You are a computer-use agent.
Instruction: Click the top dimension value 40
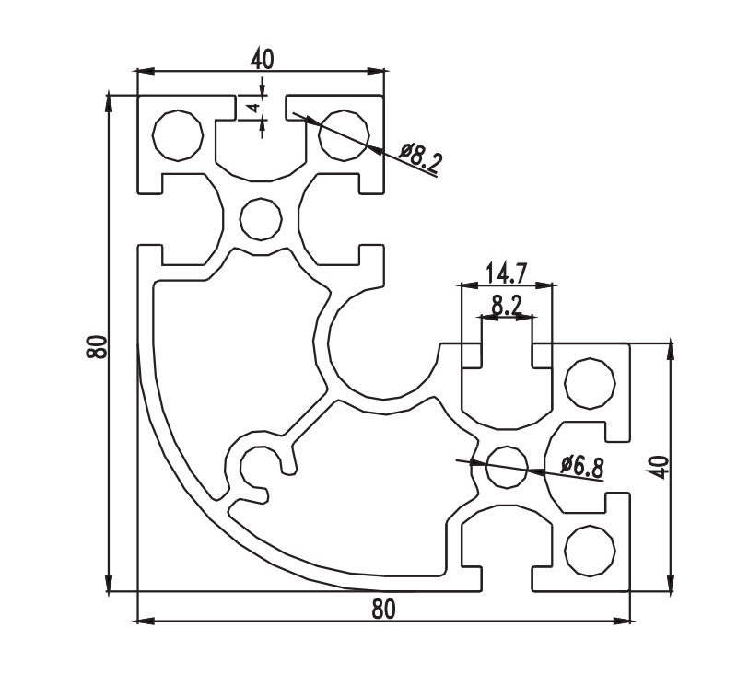point(262,59)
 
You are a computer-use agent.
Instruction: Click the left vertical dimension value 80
point(97,347)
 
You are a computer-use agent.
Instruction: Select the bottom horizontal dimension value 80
point(383,610)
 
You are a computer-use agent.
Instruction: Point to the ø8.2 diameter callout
point(421,158)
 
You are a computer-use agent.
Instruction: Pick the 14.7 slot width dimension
point(506,273)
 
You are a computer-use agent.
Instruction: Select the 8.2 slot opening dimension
point(505,305)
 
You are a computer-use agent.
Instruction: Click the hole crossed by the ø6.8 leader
point(506,466)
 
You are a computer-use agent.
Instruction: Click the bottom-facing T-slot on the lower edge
point(506,548)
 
